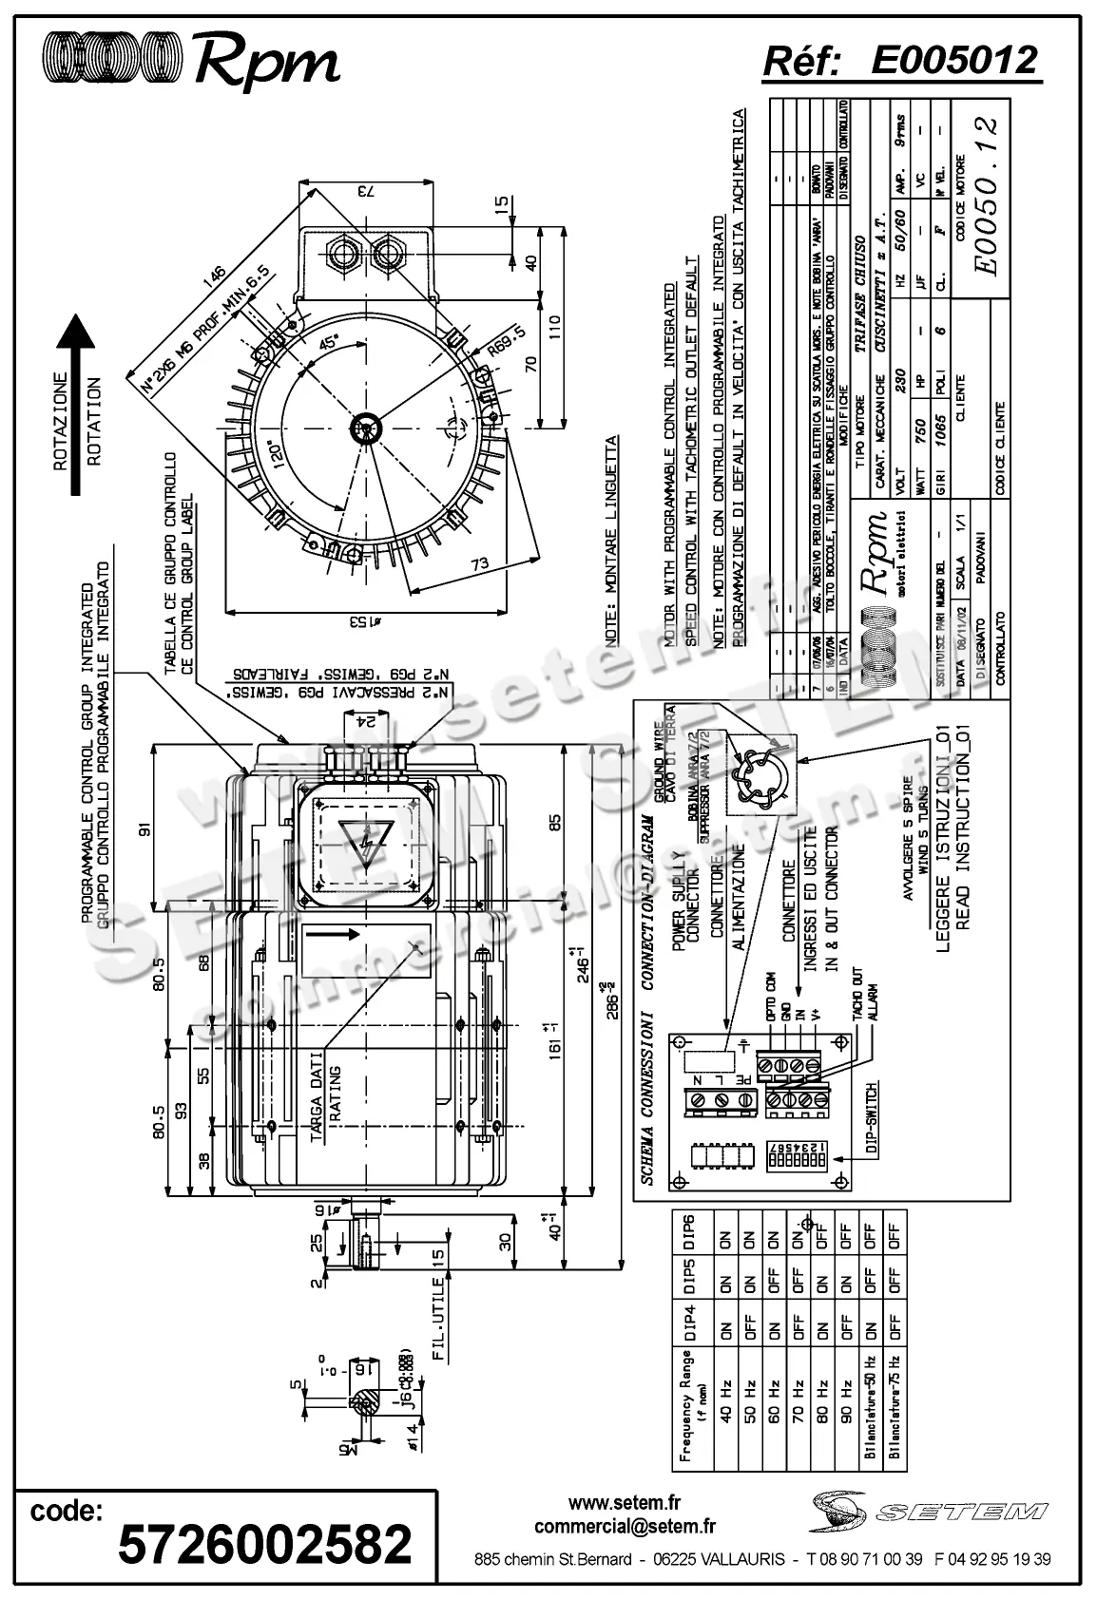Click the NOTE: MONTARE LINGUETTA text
tap(612, 527)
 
